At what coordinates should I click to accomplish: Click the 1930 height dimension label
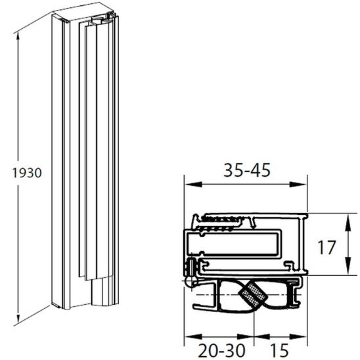tap(27, 173)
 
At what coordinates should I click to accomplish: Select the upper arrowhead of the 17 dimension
tap(346, 217)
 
